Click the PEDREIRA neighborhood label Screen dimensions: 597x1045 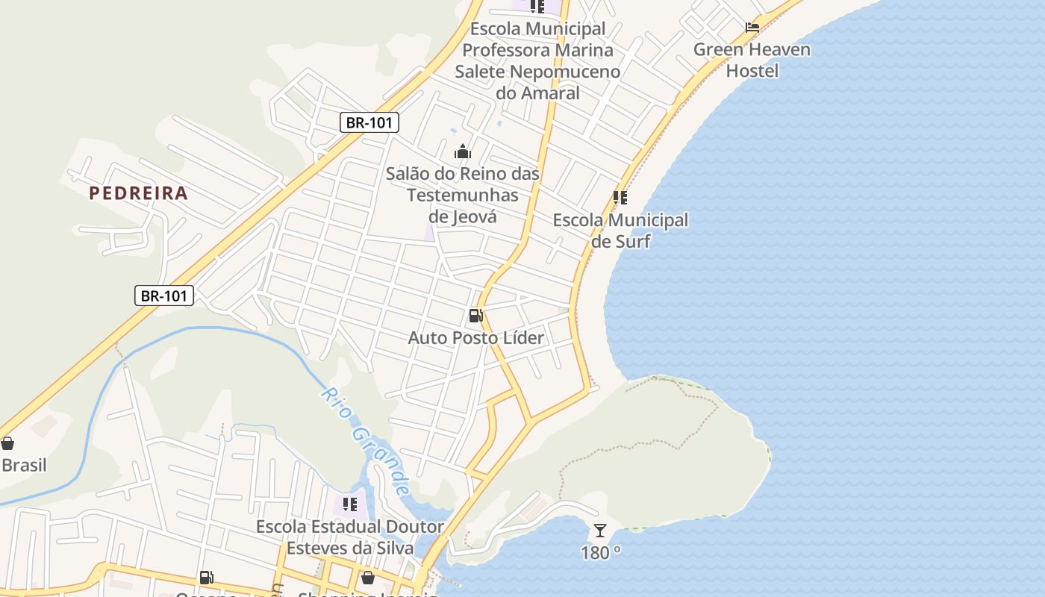click(138, 193)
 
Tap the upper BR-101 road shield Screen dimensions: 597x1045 click(369, 122)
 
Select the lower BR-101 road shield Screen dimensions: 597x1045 click(164, 296)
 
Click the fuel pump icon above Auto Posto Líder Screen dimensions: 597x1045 click(475, 316)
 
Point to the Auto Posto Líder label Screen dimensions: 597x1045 click(476, 338)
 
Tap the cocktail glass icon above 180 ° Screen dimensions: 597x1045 click(600, 531)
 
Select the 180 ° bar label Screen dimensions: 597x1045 click(601, 553)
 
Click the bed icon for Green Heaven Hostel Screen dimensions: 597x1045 click(752, 28)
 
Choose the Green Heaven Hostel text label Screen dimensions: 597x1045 click(752, 60)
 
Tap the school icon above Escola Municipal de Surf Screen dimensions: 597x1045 click(620, 198)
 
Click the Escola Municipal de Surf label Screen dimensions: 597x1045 click(620, 231)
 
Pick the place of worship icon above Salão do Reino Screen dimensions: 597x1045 click(463, 152)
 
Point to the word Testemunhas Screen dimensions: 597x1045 click(463, 196)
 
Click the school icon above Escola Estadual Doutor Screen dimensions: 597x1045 click(350, 504)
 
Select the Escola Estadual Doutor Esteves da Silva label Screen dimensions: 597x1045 click(350, 537)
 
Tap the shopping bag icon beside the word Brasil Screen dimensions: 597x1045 click(7, 444)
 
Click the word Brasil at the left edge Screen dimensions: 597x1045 click(24, 466)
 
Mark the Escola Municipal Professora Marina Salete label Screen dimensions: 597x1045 click(537, 61)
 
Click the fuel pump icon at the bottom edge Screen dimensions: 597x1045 click(206, 577)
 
